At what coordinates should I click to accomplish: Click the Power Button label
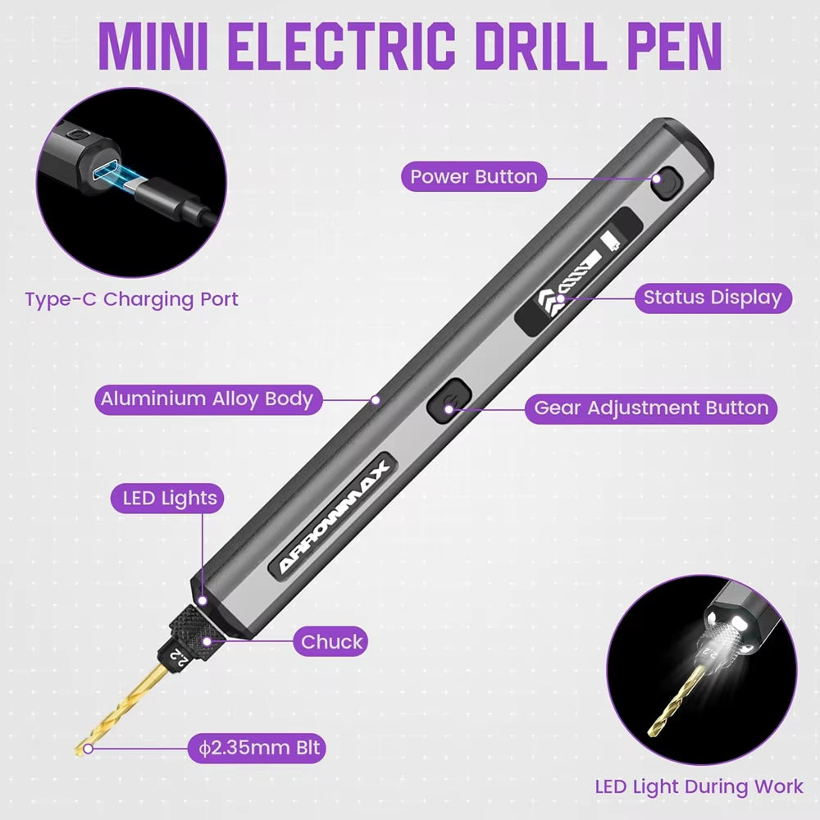tap(473, 176)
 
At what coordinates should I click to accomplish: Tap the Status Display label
tap(712, 297)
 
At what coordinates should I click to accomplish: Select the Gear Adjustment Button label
tap(650, 408)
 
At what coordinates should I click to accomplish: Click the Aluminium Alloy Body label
tap(207, 399)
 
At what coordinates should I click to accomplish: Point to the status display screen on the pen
tap(579, 271)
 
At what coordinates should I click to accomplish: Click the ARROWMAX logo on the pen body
tap(334, 514)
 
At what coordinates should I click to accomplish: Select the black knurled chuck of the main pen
tap(190, 630)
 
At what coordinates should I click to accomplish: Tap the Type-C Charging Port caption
tap(131, 298)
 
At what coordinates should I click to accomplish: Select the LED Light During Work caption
tap(699, 786)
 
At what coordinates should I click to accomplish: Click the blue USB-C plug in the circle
tap(121, 175)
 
